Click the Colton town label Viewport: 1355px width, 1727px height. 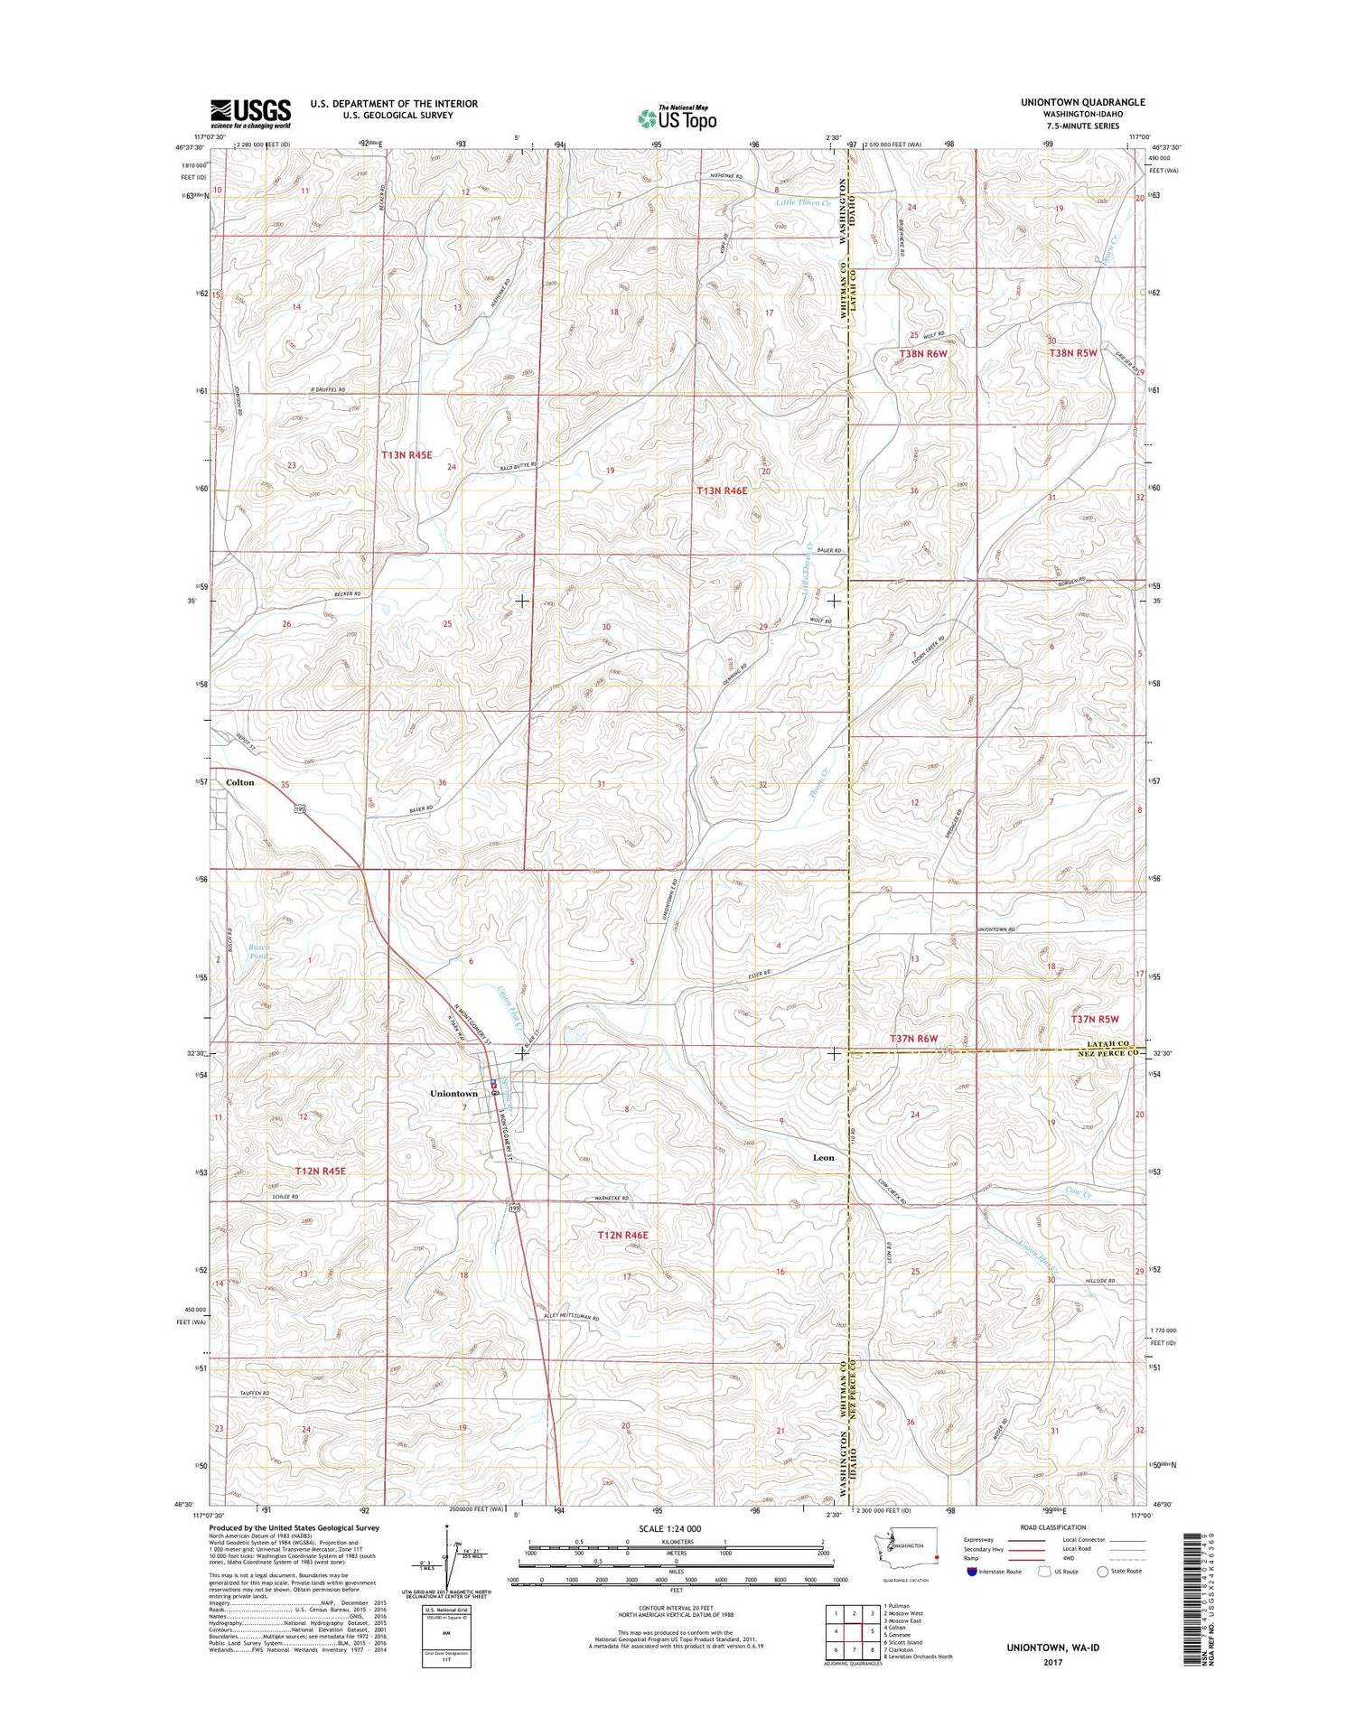(x=239, y=782)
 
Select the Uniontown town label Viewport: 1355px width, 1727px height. (x=453, y=1094)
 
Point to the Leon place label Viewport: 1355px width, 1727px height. (x=823, y=1157)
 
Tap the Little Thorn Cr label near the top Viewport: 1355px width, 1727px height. (x=802, y=203)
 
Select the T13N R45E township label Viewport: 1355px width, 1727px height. (x=406, y=455)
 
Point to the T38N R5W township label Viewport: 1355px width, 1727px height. (x=1073, y=353)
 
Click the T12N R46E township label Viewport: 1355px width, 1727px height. (x=622, y=1235)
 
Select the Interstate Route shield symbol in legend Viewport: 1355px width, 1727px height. (x=971, y=1572)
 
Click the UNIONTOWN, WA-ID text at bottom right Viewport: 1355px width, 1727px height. (x=1052, y=1648)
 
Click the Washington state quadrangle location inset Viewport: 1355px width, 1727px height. (x=907, y=1549)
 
